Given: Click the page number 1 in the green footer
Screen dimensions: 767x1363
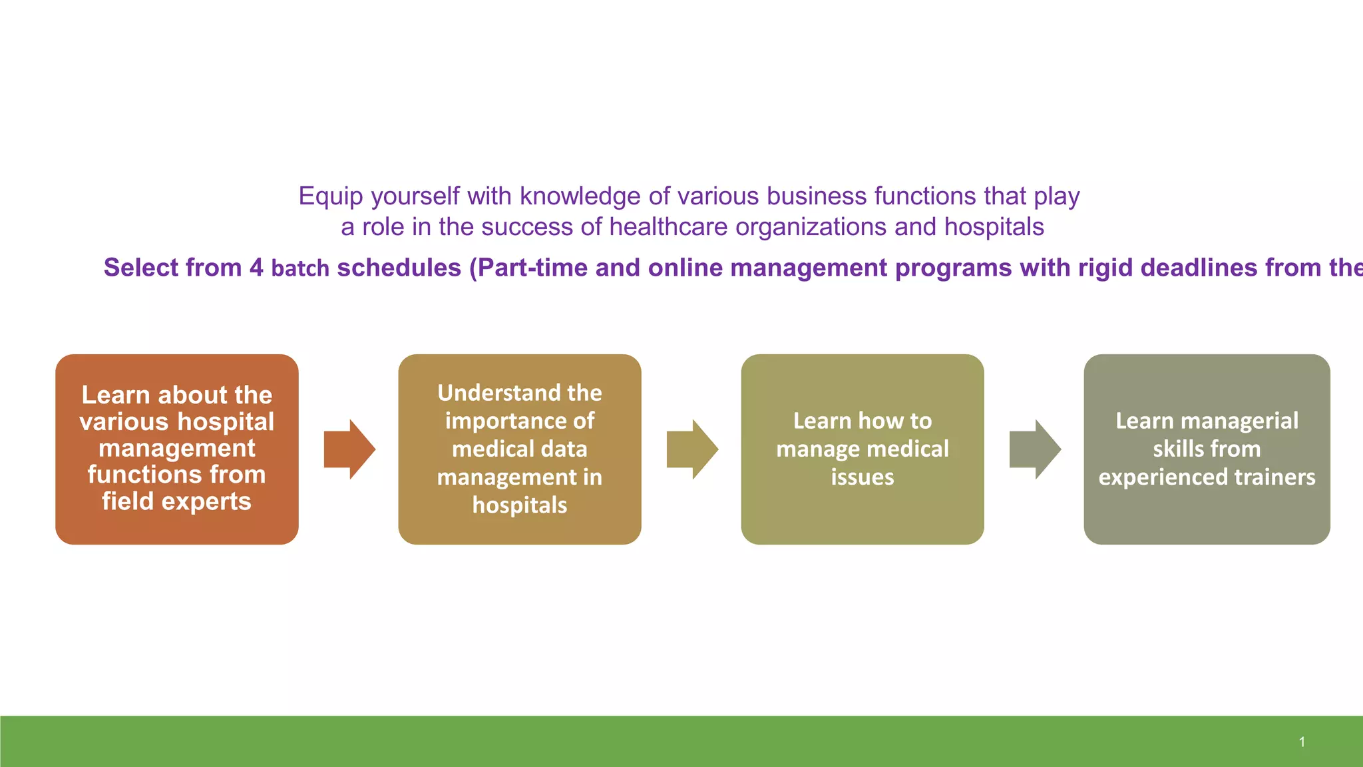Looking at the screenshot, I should point(1302,742).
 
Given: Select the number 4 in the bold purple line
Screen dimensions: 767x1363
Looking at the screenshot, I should point(256,268).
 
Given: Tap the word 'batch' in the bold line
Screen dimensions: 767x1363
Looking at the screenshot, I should point(300,268).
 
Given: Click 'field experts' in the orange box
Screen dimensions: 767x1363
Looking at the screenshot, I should point(176,501).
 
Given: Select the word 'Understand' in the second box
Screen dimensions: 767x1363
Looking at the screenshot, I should point(489,393).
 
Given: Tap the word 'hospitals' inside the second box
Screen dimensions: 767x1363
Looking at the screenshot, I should point(520,505).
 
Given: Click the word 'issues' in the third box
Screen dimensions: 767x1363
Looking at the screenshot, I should point(863,477).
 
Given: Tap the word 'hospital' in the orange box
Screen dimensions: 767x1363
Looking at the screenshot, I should point(226,421).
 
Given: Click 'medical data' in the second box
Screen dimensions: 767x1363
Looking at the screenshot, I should point(520,449).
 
